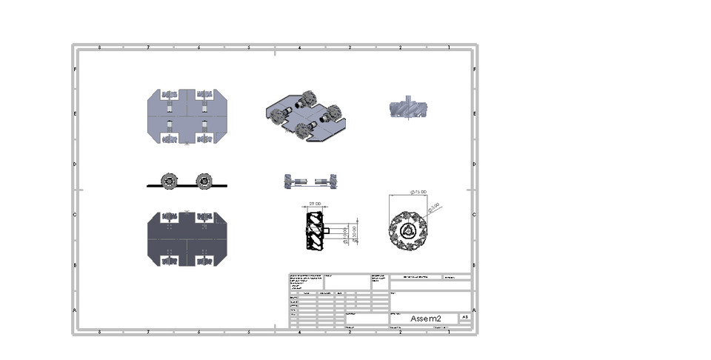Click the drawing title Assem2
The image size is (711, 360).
point(425,318)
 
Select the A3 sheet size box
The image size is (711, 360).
point(464,317)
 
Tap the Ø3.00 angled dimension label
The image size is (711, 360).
point(432,205)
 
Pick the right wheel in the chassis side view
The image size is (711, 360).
point(204,181)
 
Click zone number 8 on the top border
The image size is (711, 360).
point(99,47)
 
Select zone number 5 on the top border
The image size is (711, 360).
point(248,47)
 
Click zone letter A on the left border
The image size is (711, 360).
point(75,310)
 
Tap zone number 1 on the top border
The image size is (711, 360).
point(449,47)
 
